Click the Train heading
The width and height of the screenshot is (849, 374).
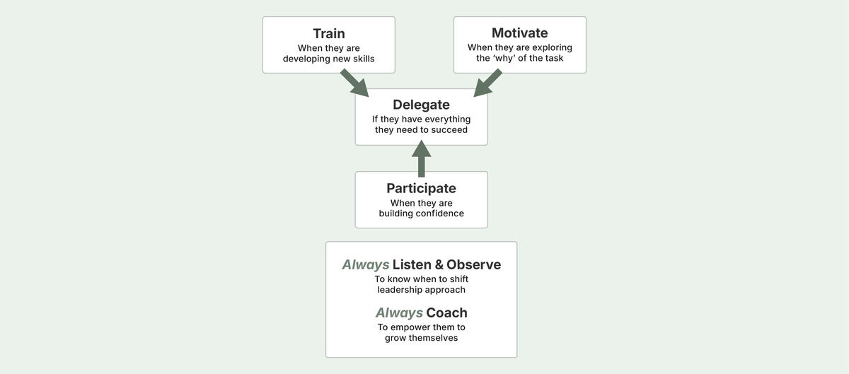coord(329,33)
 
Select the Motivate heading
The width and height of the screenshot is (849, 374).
coord(519,33)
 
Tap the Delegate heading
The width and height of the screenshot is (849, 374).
coord(421,105)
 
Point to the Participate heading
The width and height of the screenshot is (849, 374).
coord(421,188)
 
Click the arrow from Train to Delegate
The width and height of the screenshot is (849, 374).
coord(354,83)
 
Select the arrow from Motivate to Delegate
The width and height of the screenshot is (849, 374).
coord(487,83)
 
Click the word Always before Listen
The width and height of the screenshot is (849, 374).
coord(365,264)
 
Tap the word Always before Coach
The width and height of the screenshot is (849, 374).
coord(398,312)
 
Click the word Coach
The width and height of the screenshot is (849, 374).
coord(446,312)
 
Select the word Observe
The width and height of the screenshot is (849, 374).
coord(473,264)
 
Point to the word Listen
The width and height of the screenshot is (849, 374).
coord(412,264)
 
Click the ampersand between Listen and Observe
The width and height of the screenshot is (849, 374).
coord(439,264)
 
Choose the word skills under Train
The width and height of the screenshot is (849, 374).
coord(362,59)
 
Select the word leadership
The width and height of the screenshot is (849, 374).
coord(401,290)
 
